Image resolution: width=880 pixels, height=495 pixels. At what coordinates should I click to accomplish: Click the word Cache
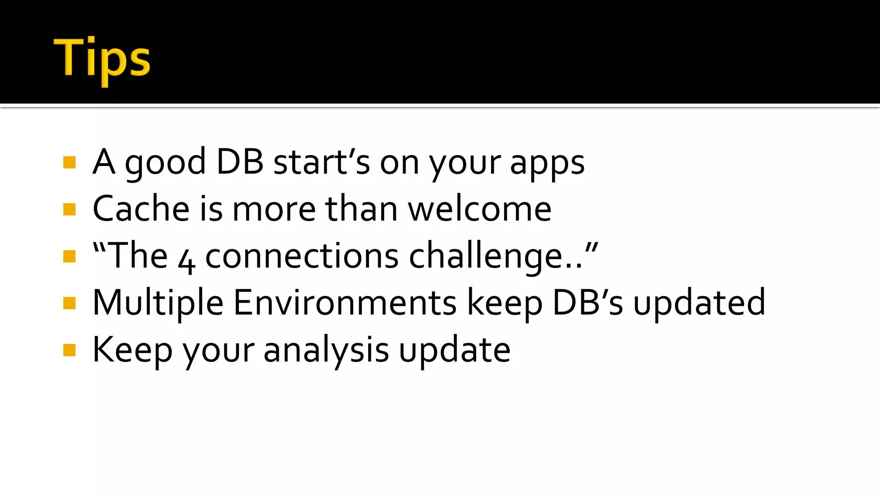click(141, 209)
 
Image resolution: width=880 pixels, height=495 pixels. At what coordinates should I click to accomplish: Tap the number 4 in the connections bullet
click(186, 260)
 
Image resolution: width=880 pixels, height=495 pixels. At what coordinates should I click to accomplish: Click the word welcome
click(480, 209)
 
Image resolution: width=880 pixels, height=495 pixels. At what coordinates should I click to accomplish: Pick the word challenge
click(495, 257)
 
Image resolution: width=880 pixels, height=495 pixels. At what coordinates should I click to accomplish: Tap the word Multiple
click(158, 303)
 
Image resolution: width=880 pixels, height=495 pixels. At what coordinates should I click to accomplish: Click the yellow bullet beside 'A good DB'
click(69, 162)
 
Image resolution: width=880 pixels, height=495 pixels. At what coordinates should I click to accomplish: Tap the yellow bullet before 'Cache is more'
click(69, 209)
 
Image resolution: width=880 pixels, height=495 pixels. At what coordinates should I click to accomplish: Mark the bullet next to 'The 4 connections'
click(69, 257)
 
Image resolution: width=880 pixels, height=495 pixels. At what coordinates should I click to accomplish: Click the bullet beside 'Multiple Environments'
click(69, 303)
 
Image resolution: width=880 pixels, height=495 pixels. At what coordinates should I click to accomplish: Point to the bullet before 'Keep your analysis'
click(69, 350)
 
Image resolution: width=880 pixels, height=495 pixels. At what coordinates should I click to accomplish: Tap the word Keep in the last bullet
click(132, 351)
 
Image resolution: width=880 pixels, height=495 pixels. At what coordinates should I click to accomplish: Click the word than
click(361, 209)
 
